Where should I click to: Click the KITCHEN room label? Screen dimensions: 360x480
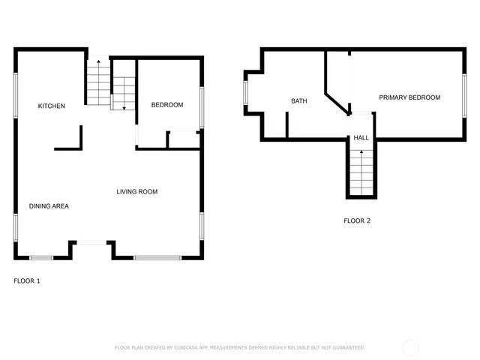[52, 106]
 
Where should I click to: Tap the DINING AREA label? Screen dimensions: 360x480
[49, 205]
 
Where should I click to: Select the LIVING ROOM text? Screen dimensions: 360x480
[136, 192]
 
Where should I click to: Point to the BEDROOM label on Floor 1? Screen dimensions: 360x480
[167, 105]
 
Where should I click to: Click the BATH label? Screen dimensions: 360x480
[299, 101]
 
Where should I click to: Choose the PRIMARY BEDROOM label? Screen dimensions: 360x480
[409, 97]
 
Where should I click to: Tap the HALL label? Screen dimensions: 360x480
[361, 138]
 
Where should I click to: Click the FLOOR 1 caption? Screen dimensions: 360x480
[27, 281]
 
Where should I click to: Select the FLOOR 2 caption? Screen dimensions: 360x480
[357, 220]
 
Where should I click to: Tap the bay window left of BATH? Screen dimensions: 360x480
[245, 93]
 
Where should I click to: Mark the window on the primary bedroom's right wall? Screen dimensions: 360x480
[464, 94]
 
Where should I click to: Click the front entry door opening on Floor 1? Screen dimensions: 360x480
[92, 241]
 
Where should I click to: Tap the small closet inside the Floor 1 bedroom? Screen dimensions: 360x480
[183, 139]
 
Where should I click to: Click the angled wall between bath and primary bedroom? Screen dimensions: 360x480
[337, 101]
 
